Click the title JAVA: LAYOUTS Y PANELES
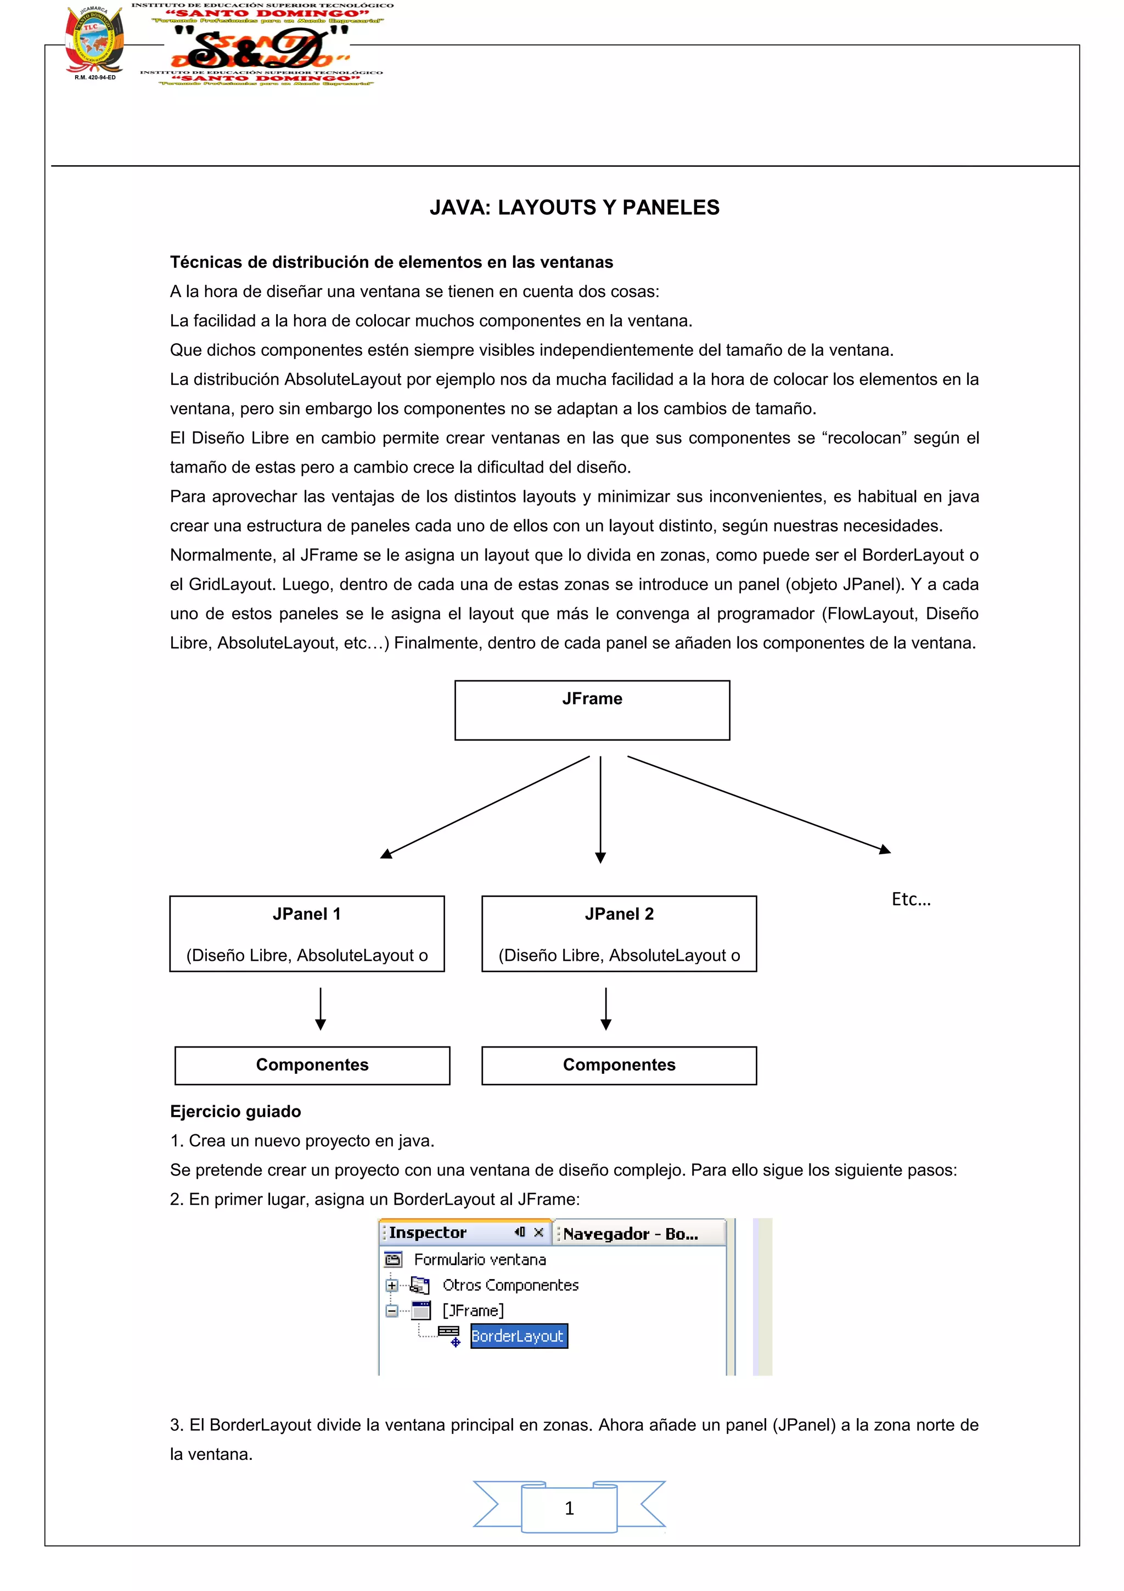pos(574,207)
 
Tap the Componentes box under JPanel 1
pos(312,1065)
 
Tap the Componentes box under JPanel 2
pos(619,1065)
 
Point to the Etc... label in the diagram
pos(911,899)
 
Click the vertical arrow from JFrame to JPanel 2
pos(600,807)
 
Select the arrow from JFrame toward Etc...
pos(758,804)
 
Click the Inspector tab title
pos(428,1233)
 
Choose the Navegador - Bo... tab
pos(630,1234)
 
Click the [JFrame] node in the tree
pos(473,1310)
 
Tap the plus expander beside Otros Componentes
pos(392,1285)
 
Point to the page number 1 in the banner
pos(569,1508)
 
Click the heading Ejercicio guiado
pos(235,1112)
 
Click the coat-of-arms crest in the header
pos(94,40)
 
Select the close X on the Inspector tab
pos(538,1232)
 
